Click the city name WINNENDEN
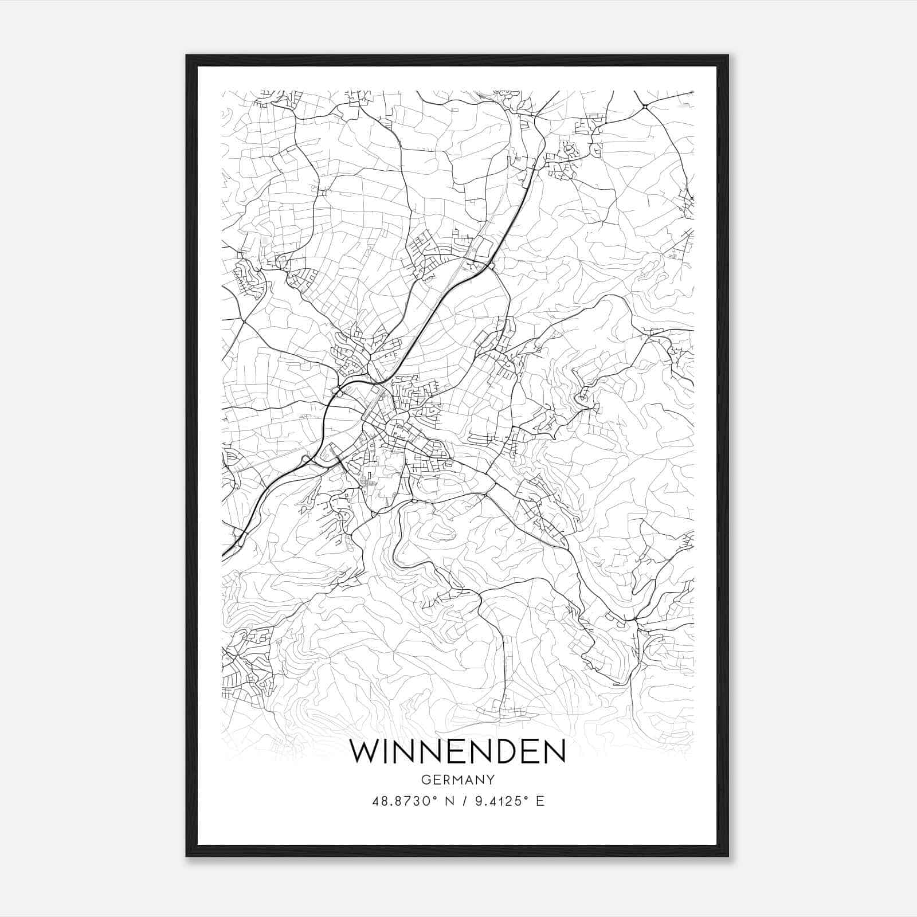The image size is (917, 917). coord(457,752)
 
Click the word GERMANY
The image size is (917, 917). coord(457,779)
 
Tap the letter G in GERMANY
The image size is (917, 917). coord(425,779)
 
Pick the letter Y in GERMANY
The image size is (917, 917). coord(491,779)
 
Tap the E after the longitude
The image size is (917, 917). coord(539,801)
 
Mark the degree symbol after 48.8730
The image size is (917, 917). coord(437,797)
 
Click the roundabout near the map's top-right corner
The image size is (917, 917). coord(645,106)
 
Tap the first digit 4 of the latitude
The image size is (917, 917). coord(375,801)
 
